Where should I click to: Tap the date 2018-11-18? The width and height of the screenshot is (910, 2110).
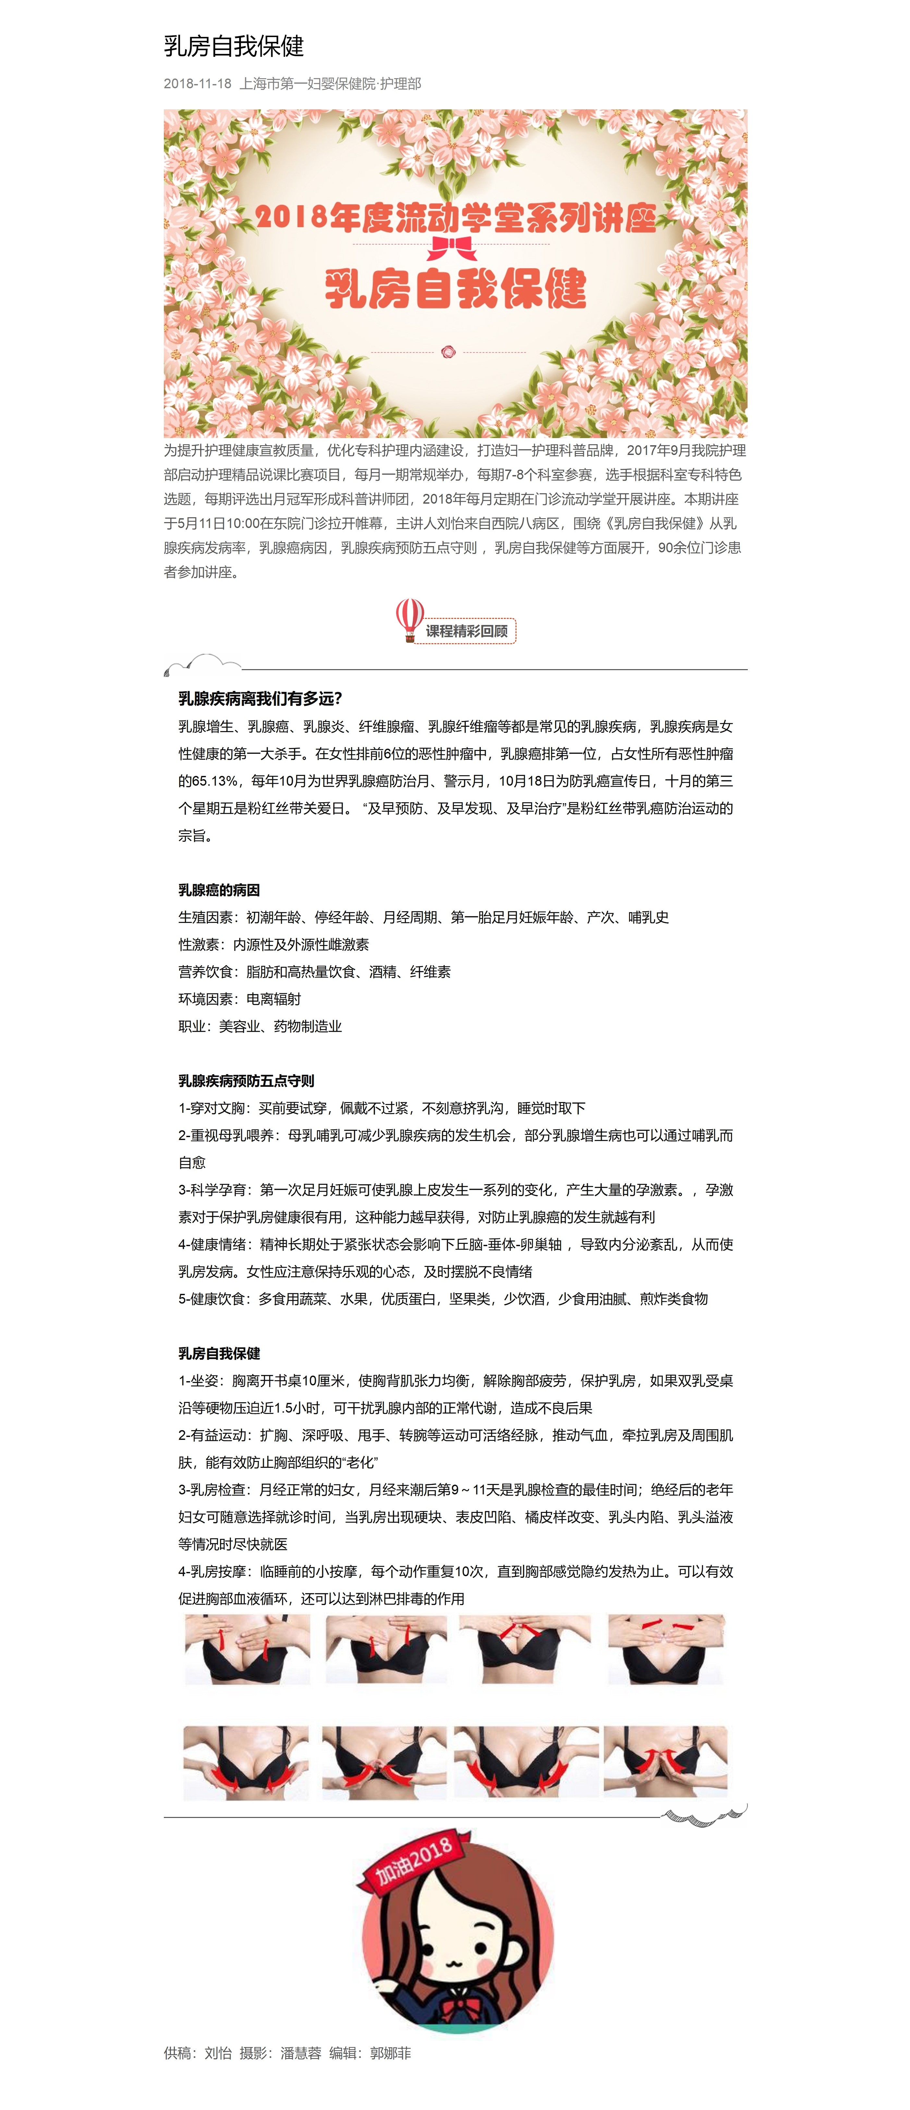point(197,83)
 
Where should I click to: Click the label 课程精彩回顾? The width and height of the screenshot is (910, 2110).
point(467,631)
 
